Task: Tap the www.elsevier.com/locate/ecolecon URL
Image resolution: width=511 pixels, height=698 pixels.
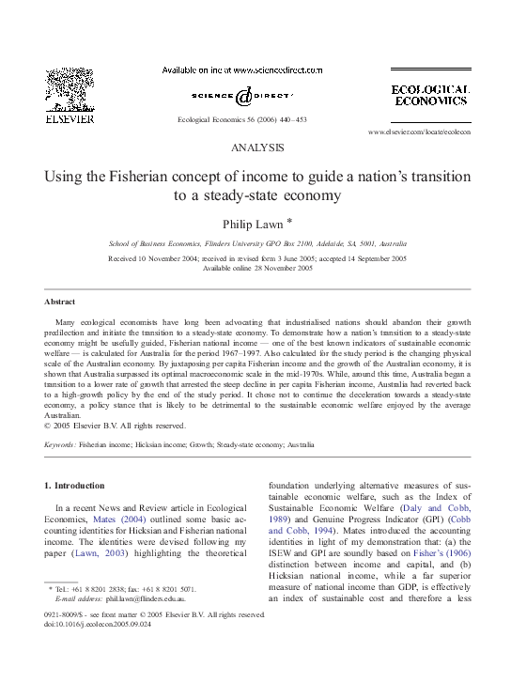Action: pos(419,132)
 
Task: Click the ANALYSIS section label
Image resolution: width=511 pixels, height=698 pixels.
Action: pos(256,148)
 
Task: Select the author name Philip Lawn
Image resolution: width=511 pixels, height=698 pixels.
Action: pos(251,224)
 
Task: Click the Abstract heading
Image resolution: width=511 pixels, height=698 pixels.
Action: pos(60,302)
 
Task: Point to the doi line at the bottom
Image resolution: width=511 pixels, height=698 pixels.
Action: pos(87,624)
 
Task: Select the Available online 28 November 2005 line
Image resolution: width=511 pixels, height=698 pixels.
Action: pos(256,268)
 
